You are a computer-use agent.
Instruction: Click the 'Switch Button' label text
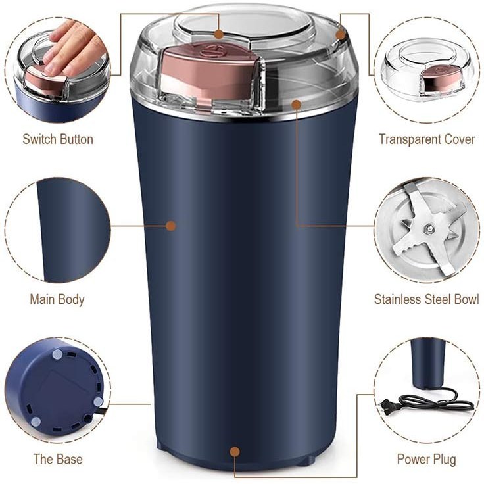click(x=58, y=139)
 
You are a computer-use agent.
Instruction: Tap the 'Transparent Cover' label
click(x=427, y=139)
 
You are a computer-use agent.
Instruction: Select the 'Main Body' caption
click(x=57, y=299)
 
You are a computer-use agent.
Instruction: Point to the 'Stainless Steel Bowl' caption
click(x=426, y=299)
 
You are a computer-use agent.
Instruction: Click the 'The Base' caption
click(x=58, y=459)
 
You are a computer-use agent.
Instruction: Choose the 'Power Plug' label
click(x=426, y=459)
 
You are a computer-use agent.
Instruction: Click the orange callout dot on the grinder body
click(x=171, y=226)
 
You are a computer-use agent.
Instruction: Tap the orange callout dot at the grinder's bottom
click(x=235, y=452)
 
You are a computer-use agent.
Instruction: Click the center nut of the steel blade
click(x=429, y=228)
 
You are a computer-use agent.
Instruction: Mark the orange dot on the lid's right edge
click(x=340, y=35)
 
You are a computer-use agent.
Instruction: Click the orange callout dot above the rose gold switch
click(x=219, y=34)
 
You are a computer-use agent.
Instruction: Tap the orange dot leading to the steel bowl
click(x=297, y=105)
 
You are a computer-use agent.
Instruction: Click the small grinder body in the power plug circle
click(x=429, y=364)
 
